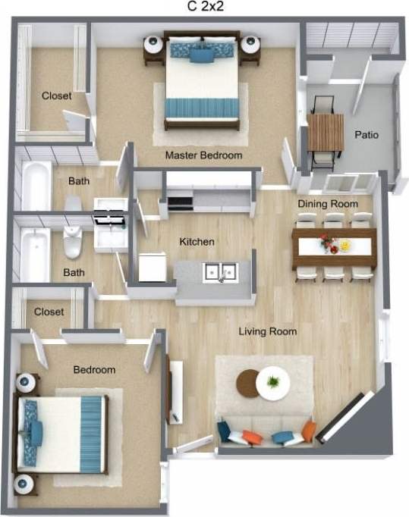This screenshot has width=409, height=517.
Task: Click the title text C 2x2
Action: point(205,8)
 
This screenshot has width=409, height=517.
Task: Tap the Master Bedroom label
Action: point(204,155)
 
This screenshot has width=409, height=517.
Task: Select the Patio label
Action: point(367,135)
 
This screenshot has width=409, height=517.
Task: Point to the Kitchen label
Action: point(197,242)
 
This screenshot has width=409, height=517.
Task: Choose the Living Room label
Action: point(268,331)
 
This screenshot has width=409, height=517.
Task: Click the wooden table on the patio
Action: point(326,132)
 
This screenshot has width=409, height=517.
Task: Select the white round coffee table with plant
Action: point(272,383)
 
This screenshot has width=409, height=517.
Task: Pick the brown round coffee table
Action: point(248,383)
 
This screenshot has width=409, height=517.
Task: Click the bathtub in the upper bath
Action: point(36,186)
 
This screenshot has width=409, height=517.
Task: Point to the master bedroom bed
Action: point(206,80)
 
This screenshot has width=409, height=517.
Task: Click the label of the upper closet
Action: point(57,96)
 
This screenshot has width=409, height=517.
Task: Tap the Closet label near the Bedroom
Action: point(49,312)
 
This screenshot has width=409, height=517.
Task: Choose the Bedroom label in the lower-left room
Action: point(94,370)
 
